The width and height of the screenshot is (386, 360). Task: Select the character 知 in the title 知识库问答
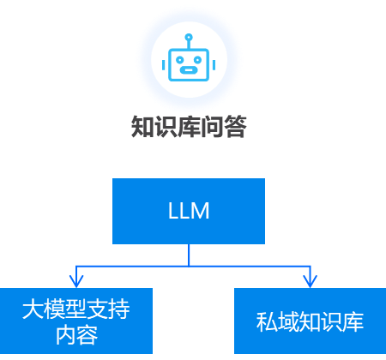tap(142, 128)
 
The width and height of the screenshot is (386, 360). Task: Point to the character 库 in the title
tap(189, 128)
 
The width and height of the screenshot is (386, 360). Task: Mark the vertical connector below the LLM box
tap(189, 255)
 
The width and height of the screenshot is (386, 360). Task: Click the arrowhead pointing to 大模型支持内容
tap(75, 280)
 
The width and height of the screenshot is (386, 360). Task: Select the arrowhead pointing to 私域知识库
tap(310, 280)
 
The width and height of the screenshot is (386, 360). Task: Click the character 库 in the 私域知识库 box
tap(354, 322)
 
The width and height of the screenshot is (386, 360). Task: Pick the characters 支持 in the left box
tap(108, 309)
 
